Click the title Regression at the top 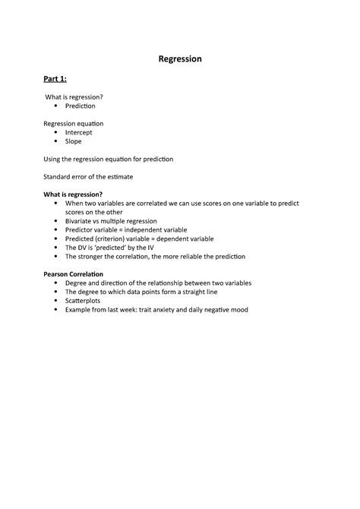(180, 58)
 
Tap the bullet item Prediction (81, 106)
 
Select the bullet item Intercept (80, 132)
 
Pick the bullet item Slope (74, 141)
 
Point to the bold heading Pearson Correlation (74, 273)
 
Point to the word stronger (94, 256)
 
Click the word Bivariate (80, 220)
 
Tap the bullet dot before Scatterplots (57, 301)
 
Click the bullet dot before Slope (57, 141)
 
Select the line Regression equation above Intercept (74, 123)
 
